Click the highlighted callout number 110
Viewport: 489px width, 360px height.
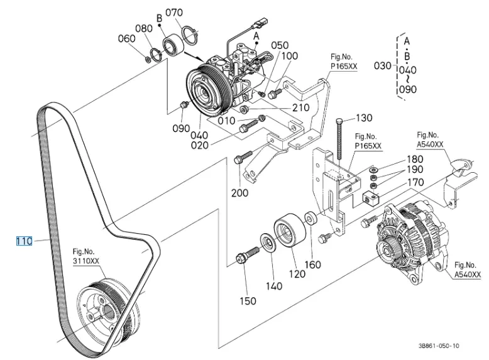click(24, 241)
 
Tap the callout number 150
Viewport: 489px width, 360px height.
click(248, 301)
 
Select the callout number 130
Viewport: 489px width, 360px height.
click(364, 118)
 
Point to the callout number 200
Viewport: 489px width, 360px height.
click(240, 193)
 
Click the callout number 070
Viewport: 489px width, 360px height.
click(174, 13)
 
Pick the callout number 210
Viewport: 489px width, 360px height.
click(300, 108)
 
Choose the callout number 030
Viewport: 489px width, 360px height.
click(382, 66)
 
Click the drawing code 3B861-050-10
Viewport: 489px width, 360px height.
click(439, 346)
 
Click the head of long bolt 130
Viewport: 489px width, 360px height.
click(340, 121)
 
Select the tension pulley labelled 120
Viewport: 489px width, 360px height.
click(290, 230)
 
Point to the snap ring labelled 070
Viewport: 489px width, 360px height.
click(190, 36)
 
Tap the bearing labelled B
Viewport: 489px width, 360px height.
click(173, 46)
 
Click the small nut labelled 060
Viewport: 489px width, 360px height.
click(148, 58)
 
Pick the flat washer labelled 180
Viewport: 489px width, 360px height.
click(373, 170)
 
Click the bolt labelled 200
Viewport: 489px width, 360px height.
click(243, 157)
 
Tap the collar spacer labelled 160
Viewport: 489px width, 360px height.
click(311, 218)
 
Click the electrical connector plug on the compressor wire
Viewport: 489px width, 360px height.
click(261, 22)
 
